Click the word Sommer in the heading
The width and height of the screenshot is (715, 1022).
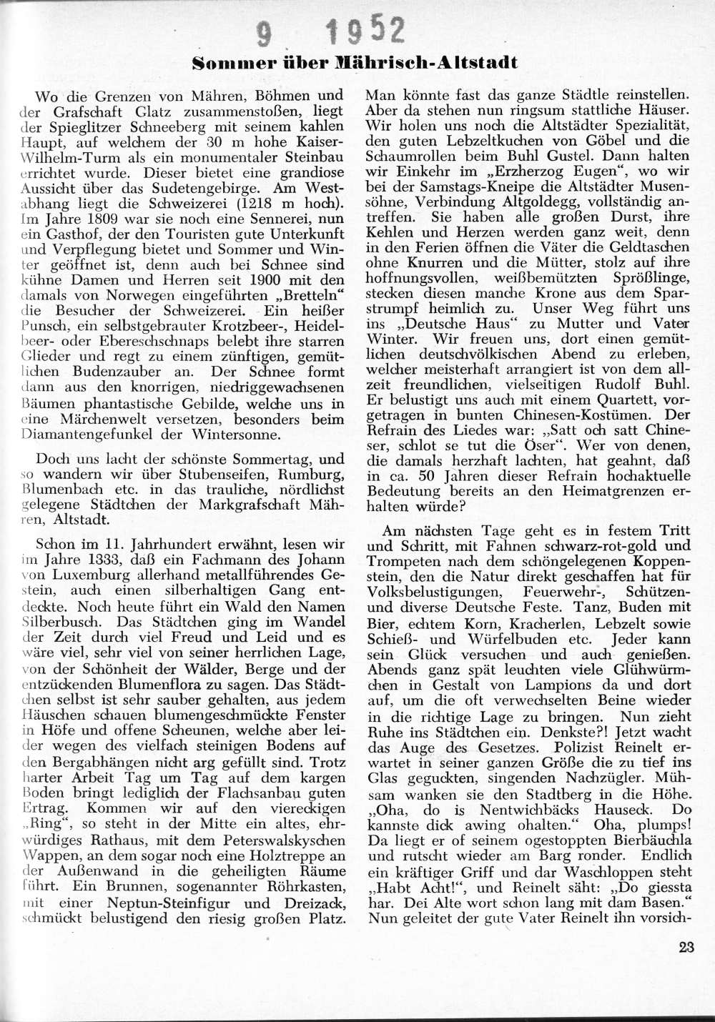click(225, 64)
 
